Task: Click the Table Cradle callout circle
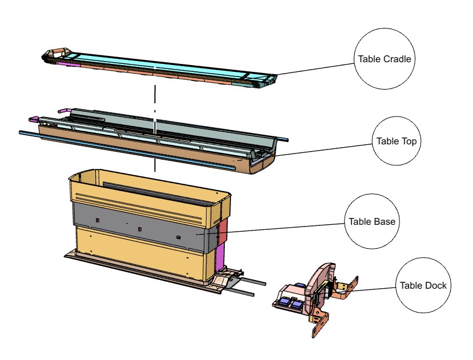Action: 384,59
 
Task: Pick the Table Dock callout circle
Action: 423,285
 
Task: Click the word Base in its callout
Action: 385,221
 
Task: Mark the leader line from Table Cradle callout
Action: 317,67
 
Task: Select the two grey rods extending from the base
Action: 245,285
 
